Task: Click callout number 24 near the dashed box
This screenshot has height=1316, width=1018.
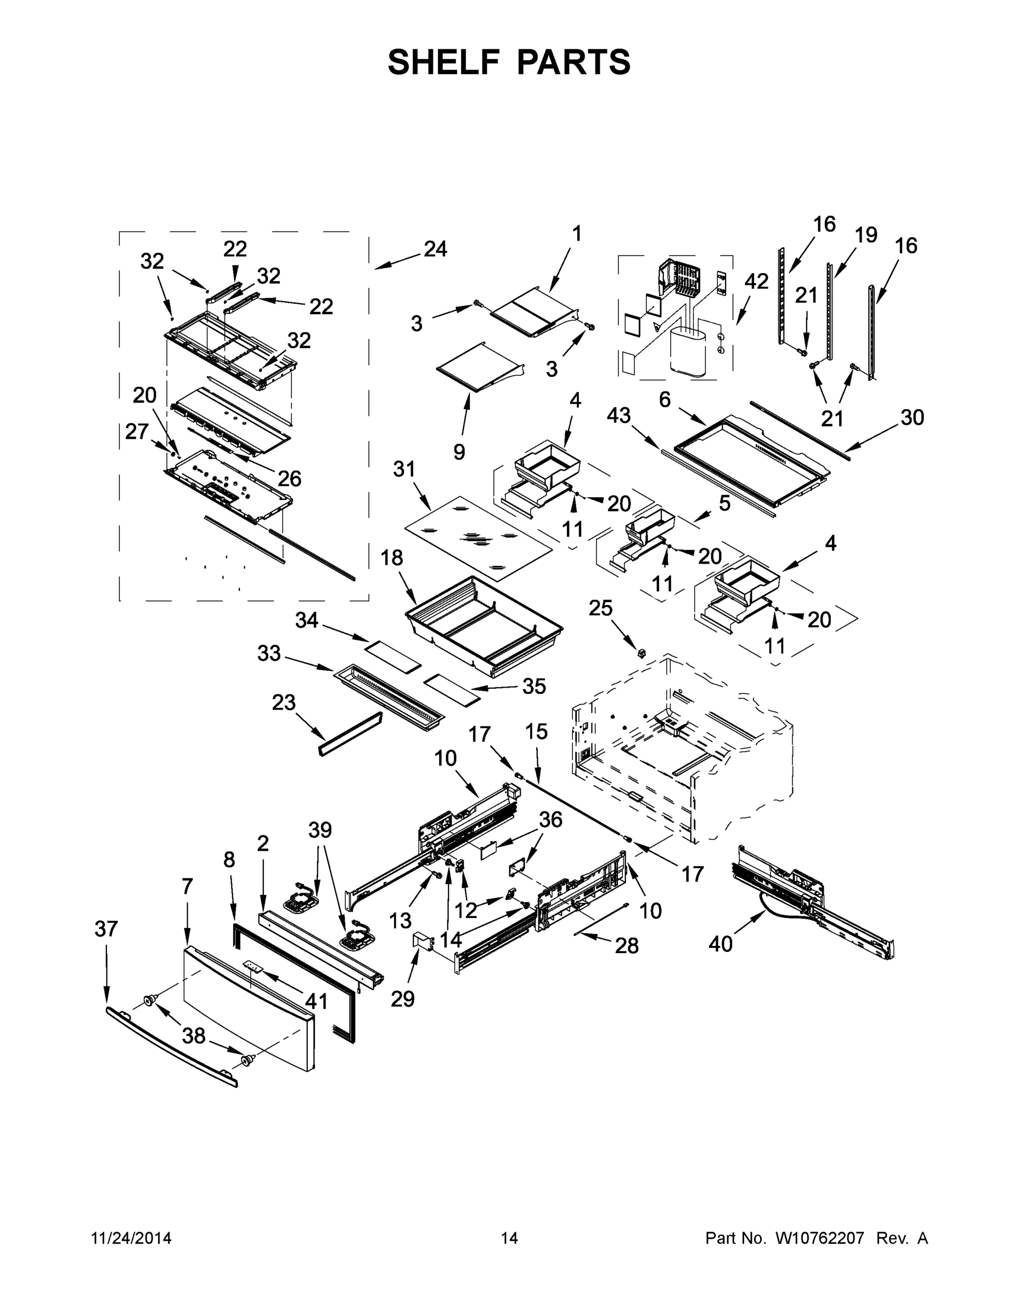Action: [x=435, y=248]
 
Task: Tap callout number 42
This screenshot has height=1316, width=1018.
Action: [x=756, y=281]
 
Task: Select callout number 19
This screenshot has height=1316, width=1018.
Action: [x=866, y=235]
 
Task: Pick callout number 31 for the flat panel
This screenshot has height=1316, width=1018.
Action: [x=404, y=469]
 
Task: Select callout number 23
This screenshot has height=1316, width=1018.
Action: [x=283, y=702]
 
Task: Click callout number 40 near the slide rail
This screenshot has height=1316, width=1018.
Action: [x=720, y=944]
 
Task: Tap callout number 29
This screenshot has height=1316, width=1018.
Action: [x=402, y=999]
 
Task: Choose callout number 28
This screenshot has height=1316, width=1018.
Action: [x=627, y=945]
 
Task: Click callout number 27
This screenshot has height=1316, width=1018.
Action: [x=137, y=431]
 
